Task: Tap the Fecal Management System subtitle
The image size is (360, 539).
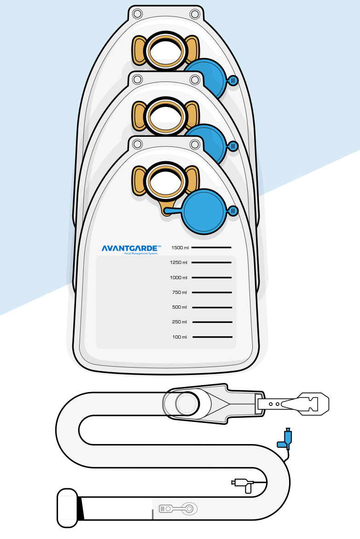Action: pyautogui.click(x=141, y=254)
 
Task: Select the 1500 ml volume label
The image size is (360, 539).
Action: pyautogui.click(x=180, y=247)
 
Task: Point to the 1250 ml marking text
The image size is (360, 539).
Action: pyautogui.click(x=179, y=262)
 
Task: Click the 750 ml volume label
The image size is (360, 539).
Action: pyautogui.click(x=180, y=292)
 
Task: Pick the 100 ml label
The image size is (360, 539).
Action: pyautogui.click(x=180, y=337)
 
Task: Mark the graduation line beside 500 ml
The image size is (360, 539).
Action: pyautogui.click(x=212, y=307)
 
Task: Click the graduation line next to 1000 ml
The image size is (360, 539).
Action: pyautogui.click(x=212, y=277)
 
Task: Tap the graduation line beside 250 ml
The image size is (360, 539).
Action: pyautogui.click(x=212, y=322)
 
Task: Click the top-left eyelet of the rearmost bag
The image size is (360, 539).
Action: pyautogui.click(x=137, y=14)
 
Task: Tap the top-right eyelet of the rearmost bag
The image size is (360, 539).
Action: pyautogui.click(x=195, y=14)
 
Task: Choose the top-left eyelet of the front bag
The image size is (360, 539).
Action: pyautogui.click(x=137, y=144)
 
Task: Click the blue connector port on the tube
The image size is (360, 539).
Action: pyautogui.click(x=285, y=439)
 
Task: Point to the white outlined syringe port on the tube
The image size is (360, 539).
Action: pyautogui.click(x=243, y=484)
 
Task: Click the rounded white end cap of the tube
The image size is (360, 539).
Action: pyautogui.click(x=67, y=508)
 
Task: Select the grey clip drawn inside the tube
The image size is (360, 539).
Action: pyautogui.click(x=178, y=509)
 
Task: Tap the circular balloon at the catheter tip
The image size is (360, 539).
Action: pyautogui.click(x=187, y=404)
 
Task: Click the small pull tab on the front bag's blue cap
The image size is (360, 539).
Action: pyautogui.click(x=233, y=211)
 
